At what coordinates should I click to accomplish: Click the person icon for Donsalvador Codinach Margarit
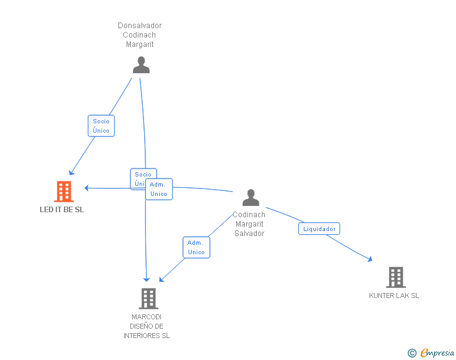141,65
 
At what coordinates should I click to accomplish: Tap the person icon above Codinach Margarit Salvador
251,198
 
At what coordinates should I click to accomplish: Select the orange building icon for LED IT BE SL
64,192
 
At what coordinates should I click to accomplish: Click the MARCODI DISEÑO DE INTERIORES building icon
148,299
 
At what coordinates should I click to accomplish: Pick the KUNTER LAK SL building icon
395,277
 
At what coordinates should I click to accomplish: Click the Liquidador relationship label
319,229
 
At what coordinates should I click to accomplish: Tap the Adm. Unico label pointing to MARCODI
196,247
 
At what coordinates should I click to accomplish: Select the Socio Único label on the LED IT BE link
101,126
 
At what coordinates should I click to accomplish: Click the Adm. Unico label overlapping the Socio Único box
158,189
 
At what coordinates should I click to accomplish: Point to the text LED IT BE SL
61,210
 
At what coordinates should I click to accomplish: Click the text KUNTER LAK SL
394,296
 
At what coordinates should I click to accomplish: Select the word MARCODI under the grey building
147,317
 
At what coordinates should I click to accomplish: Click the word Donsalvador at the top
140,26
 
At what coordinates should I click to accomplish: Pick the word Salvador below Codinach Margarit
249,234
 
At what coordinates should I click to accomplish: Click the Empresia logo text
438,352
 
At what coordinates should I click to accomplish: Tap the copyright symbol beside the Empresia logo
412,353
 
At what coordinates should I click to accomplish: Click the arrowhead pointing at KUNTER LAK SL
371,259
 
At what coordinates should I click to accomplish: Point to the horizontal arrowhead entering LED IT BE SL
86,187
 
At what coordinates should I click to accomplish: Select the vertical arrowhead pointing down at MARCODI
147,279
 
